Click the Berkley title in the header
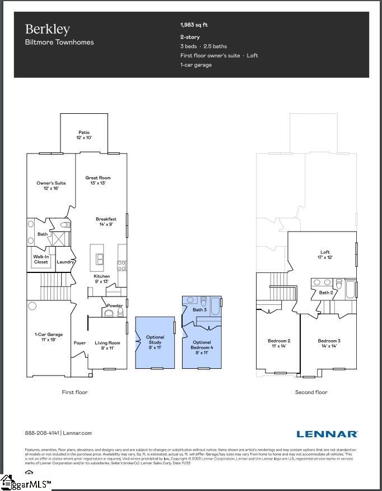pyautogui.click(x=47, y=30)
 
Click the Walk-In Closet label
pyautogui.click(x=41, y=260)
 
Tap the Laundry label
pyautogui.click(x=66, y=262)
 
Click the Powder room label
pyautogui.click(x=115, y=305)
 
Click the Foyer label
pyautogui.click(x=80, y=343)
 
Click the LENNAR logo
pyautogui.click(x=327, y=434)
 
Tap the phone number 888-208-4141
pyautogui.click(x=42, y=433)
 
